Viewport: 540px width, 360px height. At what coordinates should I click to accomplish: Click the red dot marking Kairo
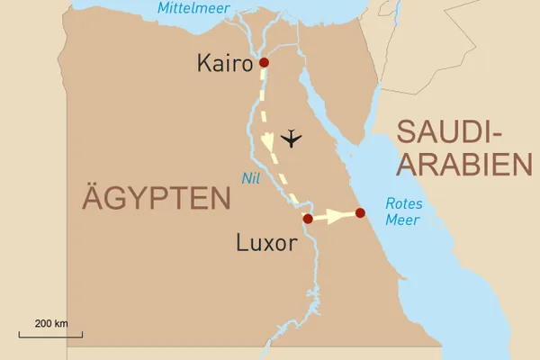(x=264, y=62)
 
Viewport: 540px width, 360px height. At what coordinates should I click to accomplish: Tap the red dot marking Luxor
(x=308, y=219)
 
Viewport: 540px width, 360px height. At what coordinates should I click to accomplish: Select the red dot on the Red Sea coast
(x=360, y=213)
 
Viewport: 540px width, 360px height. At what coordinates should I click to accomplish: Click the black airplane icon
(x=291, y=139)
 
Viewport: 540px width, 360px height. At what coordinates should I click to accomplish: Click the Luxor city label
(x=266, y=242)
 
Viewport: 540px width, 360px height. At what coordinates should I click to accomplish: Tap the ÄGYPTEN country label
(x=157, y=197)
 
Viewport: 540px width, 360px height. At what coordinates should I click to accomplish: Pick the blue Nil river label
(x=251, y=178)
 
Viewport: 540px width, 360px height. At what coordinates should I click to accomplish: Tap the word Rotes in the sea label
(x=403, y=203)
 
